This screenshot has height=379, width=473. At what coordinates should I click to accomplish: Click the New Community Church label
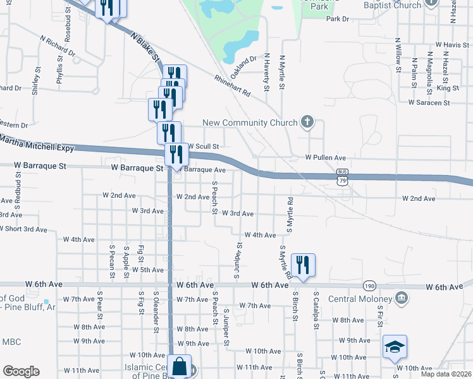point(250,123)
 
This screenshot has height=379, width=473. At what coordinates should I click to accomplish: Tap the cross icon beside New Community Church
point(307,122)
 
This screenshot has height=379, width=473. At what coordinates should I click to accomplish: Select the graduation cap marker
point(395,347)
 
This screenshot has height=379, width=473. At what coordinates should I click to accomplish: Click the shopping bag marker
point(180,366)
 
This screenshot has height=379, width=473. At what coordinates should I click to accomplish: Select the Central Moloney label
point(360,298)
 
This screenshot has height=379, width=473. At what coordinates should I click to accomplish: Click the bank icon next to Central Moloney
point(401,297)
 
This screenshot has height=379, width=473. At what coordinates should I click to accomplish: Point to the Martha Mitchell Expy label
point(37,143)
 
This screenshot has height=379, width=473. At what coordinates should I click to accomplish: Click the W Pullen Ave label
point(326,157)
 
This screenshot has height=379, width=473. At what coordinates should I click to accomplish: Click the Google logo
point(21,371)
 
